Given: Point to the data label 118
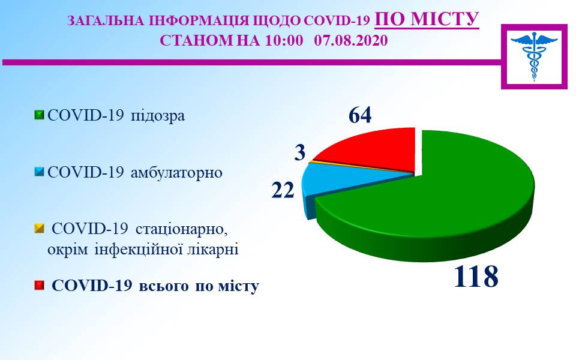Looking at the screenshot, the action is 476,276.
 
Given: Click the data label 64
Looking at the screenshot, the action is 360,115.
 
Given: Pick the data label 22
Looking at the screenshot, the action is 283,190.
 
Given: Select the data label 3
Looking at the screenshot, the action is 300,152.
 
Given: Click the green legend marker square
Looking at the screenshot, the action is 39,115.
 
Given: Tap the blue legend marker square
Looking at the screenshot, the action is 39,172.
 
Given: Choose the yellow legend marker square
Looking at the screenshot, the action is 39,229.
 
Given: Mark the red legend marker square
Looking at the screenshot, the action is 39,286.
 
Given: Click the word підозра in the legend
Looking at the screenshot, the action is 158,116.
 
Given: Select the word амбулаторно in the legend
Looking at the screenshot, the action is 176,172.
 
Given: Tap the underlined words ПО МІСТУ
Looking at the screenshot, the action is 427,19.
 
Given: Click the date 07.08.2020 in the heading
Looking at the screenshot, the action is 351,40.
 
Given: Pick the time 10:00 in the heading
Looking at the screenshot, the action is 284,40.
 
